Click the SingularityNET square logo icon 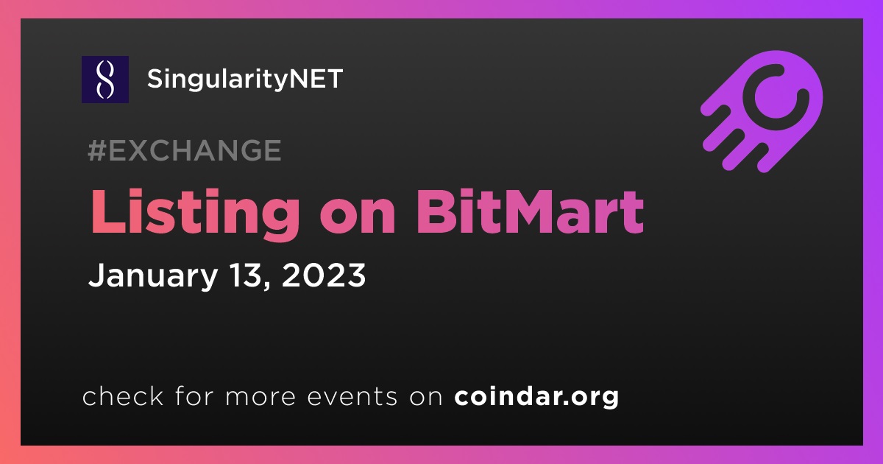click(x=104, y=80)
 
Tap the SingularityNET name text click(x=245, y=80)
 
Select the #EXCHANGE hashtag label click(x=185, y=150)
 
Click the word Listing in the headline click(x=195, y=214)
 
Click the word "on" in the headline click(x=358, y=218)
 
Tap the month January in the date click(x=153, y=276)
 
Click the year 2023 click(x=324, y=275)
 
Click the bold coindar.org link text click(x=536, y=396)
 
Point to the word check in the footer click(x=123, y=396)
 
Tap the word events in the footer click(x=352, y=396)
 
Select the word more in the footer click(x=260, y=397)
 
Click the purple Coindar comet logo click(x=762, y=111)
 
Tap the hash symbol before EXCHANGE click(x=97, y=150)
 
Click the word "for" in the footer click(x=194, y=396)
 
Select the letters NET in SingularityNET click(x=316, y=79)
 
